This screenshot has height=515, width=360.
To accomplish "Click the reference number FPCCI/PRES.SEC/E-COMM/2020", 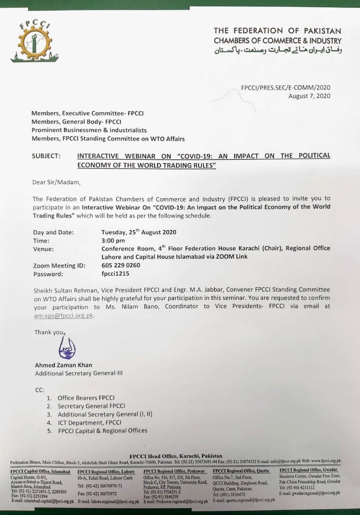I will [x=286, y=87].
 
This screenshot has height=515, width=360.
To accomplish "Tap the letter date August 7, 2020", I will [x=309, y=96].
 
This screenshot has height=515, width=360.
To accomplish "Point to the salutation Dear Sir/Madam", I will [x=56, y=182].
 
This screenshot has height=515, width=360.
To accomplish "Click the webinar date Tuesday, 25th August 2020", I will [x=139, y=232].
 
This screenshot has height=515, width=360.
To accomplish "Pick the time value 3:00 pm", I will [x=114, y=241].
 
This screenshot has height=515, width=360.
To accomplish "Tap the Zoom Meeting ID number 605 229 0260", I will [x=121, y=266].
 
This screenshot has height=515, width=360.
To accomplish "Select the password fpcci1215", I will [x=116, y=274].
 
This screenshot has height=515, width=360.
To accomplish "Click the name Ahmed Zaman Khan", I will [x=64, y=365].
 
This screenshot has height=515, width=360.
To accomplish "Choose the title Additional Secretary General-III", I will [x=79, y=373].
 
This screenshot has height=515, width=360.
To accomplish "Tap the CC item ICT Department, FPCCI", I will [x=89, y=422].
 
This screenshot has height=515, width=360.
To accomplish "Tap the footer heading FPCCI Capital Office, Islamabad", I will [x=40, y=472].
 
